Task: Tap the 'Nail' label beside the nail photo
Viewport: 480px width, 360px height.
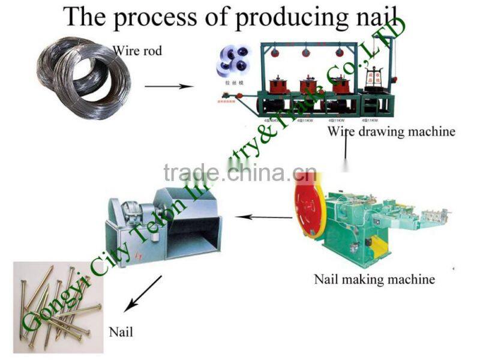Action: coord(121,331)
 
